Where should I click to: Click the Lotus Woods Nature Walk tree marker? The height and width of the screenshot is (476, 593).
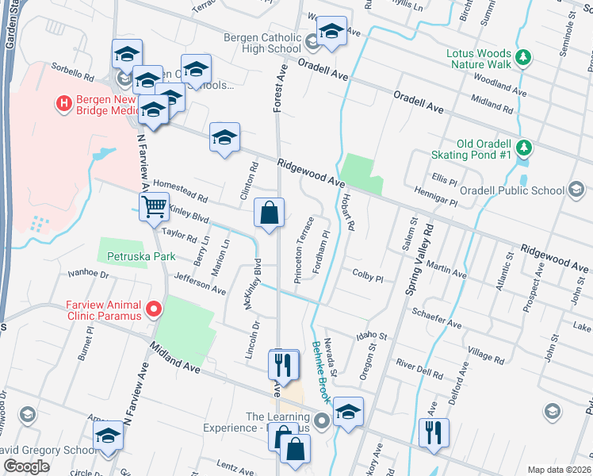522,57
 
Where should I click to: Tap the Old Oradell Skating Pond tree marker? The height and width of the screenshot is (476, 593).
522,148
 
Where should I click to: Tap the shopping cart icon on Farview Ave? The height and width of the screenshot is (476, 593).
154,208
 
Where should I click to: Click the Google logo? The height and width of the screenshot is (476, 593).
26,466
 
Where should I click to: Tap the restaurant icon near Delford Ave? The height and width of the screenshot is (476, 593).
433,432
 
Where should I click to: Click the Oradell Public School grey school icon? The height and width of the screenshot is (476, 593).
577,190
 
